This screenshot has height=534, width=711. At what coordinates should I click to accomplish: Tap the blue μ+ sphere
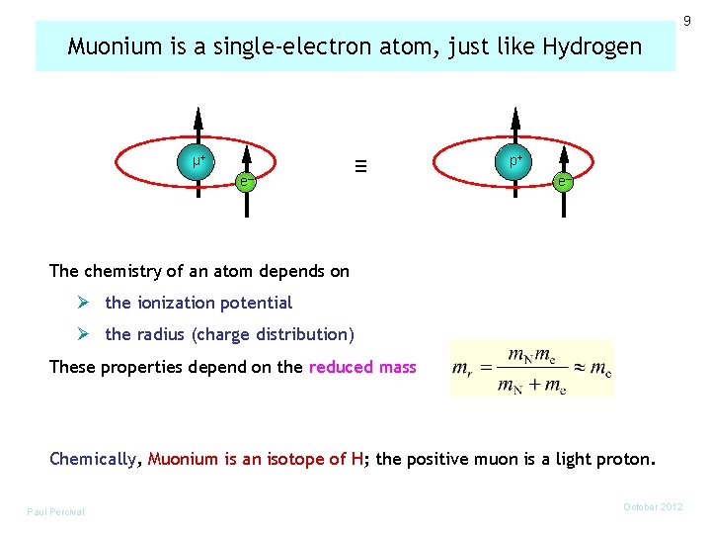[x=198, y=158]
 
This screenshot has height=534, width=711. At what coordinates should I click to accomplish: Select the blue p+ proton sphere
[x=515, y=159]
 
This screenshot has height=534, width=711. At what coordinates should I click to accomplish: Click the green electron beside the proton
[x=561, y=181]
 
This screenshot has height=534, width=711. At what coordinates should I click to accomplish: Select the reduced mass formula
[x=531, y=368]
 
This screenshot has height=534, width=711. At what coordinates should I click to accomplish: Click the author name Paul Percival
[x=56, y=511]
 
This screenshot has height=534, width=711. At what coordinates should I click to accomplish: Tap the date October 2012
[x=653, y=507]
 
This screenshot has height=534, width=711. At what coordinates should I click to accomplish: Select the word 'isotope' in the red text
[x=295, y=459]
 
